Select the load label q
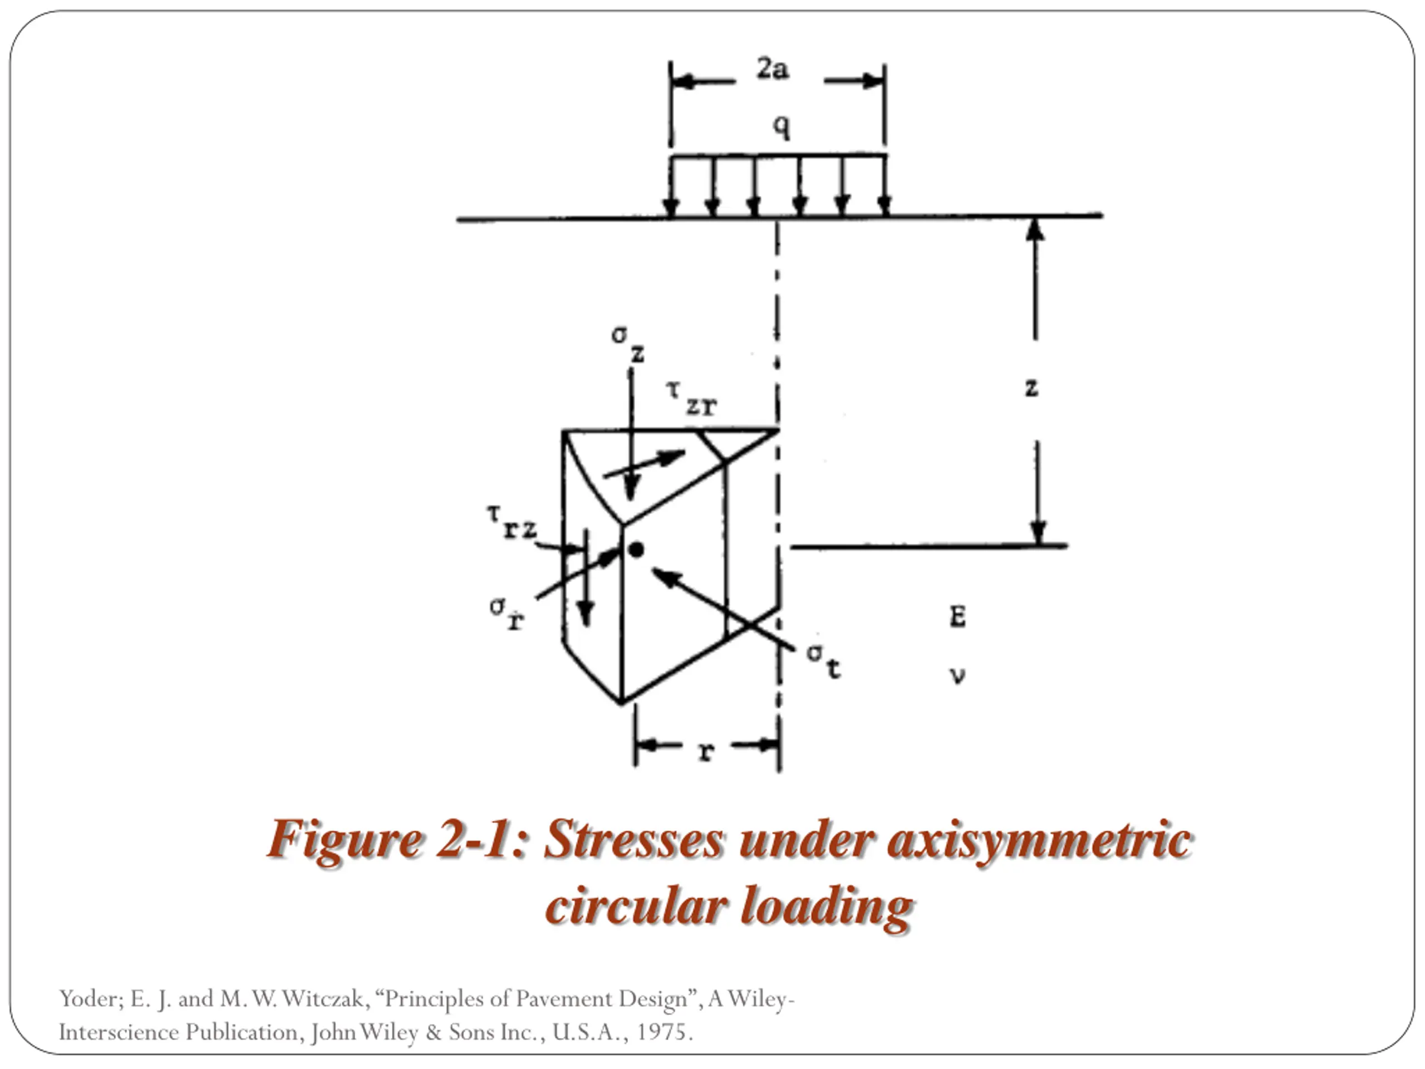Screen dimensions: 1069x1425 (781, 126)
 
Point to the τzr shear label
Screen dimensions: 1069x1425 (691, 398)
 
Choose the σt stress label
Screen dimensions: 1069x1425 (824, 660)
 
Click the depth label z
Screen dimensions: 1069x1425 (1031, 388)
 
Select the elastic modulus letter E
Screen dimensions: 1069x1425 (957, 617)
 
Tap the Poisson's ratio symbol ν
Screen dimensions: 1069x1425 (957, 675)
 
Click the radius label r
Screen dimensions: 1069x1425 (707, 751)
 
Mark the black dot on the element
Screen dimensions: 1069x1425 (636, 550)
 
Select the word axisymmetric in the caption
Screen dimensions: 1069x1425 (1039, 840)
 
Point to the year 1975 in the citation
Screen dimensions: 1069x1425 (664, 1032)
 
